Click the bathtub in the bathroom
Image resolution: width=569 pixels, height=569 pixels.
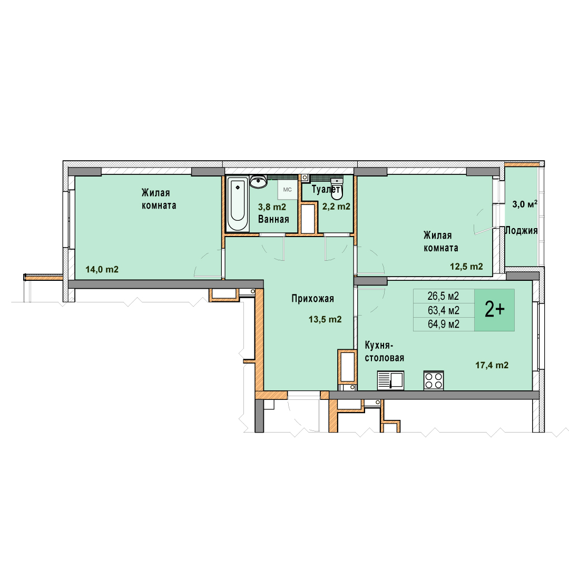[237, 203]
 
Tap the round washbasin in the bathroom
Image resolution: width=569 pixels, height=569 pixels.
[258, 182]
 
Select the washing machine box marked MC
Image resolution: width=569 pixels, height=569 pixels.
[288, 190]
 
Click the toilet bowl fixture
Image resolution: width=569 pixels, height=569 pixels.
[337, 190]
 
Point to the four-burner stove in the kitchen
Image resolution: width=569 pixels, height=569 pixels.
[434, 381]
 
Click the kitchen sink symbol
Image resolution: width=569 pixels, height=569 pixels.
[390, 380]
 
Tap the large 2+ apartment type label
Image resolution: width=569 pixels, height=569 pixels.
[495, 310]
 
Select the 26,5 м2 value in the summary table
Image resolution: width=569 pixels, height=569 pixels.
[443, 296]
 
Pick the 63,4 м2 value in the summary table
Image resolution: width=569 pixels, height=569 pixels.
[444, 310]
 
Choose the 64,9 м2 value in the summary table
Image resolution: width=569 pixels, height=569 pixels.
[444, 324]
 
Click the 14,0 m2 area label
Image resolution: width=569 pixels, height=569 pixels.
[102, 270]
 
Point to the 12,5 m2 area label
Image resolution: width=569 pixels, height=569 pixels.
[466, 267]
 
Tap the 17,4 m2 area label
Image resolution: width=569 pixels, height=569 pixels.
[492, 366]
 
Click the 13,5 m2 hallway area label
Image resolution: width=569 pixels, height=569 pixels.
[325, 319]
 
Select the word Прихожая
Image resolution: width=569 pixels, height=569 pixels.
[312, 299]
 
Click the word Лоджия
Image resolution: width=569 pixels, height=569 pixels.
[522, 230]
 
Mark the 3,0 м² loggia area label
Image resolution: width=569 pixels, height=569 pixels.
[525, 204]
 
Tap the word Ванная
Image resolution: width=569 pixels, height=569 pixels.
[273, 219]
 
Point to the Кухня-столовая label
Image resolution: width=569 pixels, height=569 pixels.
[384, 351]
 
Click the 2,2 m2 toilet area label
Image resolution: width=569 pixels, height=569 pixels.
[336, 207]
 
